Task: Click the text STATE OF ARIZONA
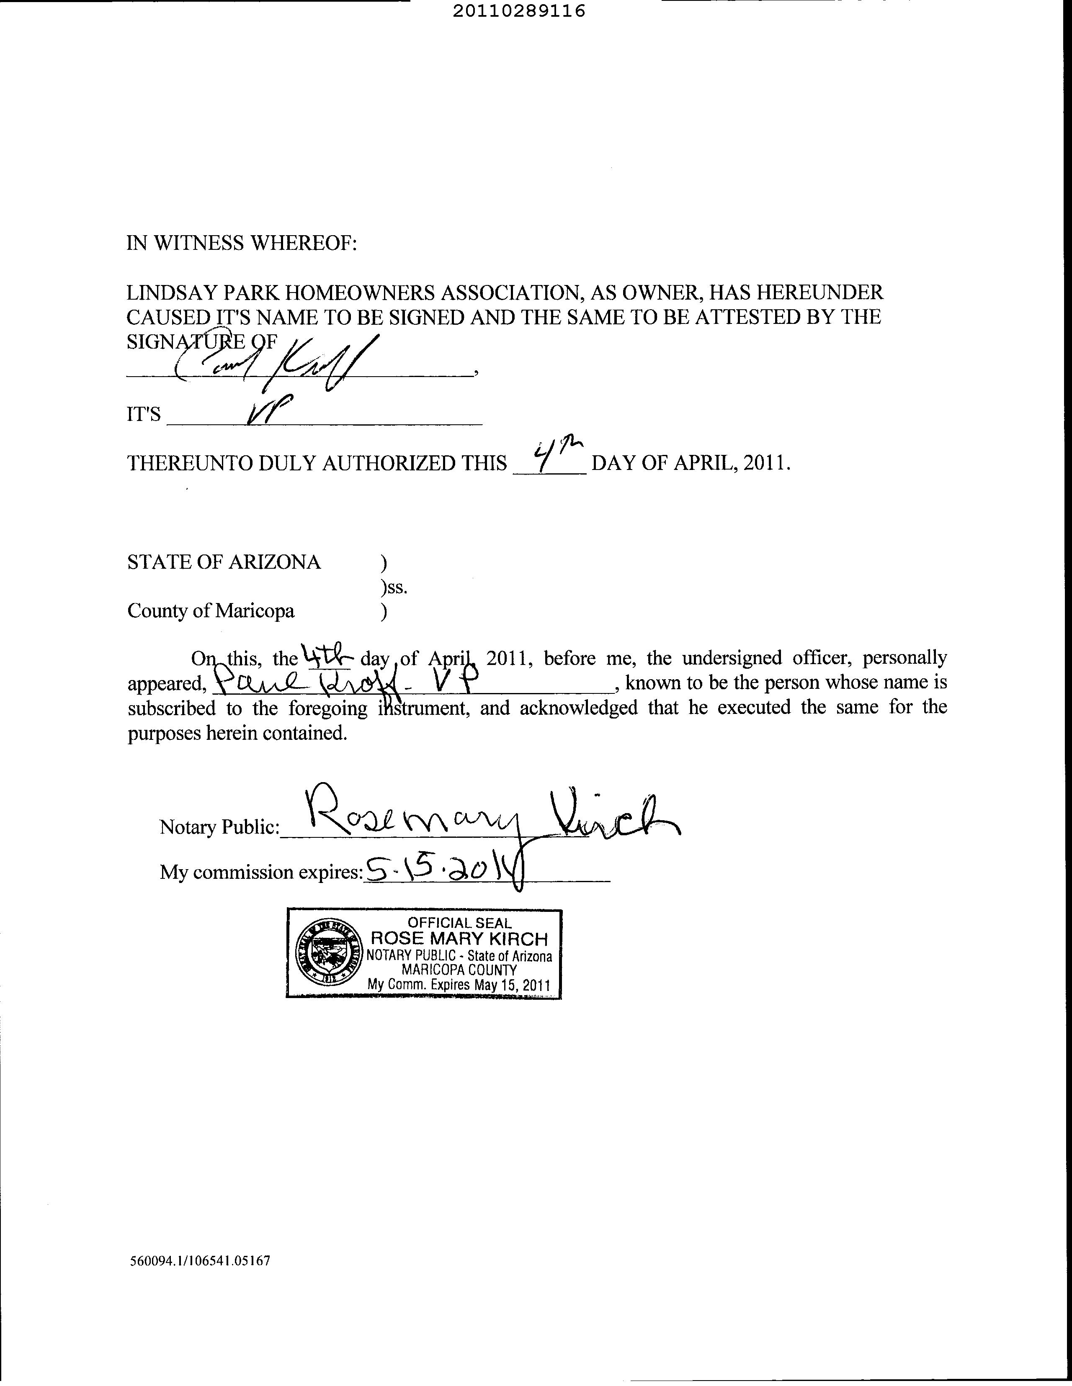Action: [x=224, y=562]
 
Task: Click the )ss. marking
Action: [x=394, y=588]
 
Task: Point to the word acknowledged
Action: [x=578, y=708]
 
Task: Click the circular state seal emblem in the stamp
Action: [x=327, y=954]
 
